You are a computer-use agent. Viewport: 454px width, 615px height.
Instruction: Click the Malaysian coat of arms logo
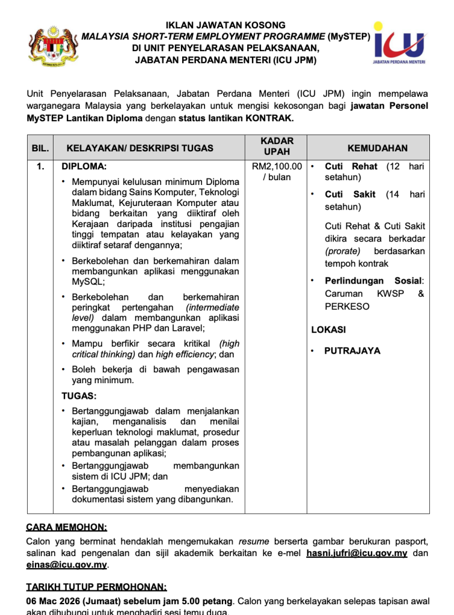[x=53, y=43]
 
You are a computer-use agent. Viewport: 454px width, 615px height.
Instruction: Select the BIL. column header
[x=40, y=148]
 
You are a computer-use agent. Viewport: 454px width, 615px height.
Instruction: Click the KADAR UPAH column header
[x=277, y=147]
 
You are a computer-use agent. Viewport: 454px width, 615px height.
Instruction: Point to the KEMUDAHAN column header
[x=377, y=148]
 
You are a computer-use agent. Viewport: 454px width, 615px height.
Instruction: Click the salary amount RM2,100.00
[x=277, y=166]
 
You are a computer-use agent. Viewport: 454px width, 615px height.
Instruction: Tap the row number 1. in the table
[x=40, y=166]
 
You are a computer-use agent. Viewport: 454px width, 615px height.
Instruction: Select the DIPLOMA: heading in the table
[x=84, y=166]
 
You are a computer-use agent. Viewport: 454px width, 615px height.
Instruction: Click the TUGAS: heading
[x=79, y=396]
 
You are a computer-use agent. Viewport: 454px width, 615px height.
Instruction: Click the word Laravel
[x=187, y=328]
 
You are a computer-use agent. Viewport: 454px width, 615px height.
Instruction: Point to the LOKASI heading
[x=328, y=330]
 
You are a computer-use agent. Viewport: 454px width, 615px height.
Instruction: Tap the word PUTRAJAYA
[x=352, y=351]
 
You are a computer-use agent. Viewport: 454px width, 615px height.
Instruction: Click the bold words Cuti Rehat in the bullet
[x=351, y=166]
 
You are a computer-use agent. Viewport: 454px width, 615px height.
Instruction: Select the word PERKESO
[x=348, y=306]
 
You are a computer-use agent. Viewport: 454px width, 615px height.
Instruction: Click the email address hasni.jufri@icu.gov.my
[x=357, y=553]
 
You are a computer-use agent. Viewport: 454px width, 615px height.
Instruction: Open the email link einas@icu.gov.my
[x=66, y=565]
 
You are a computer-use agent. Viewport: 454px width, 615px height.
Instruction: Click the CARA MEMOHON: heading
[x=66, y=527]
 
